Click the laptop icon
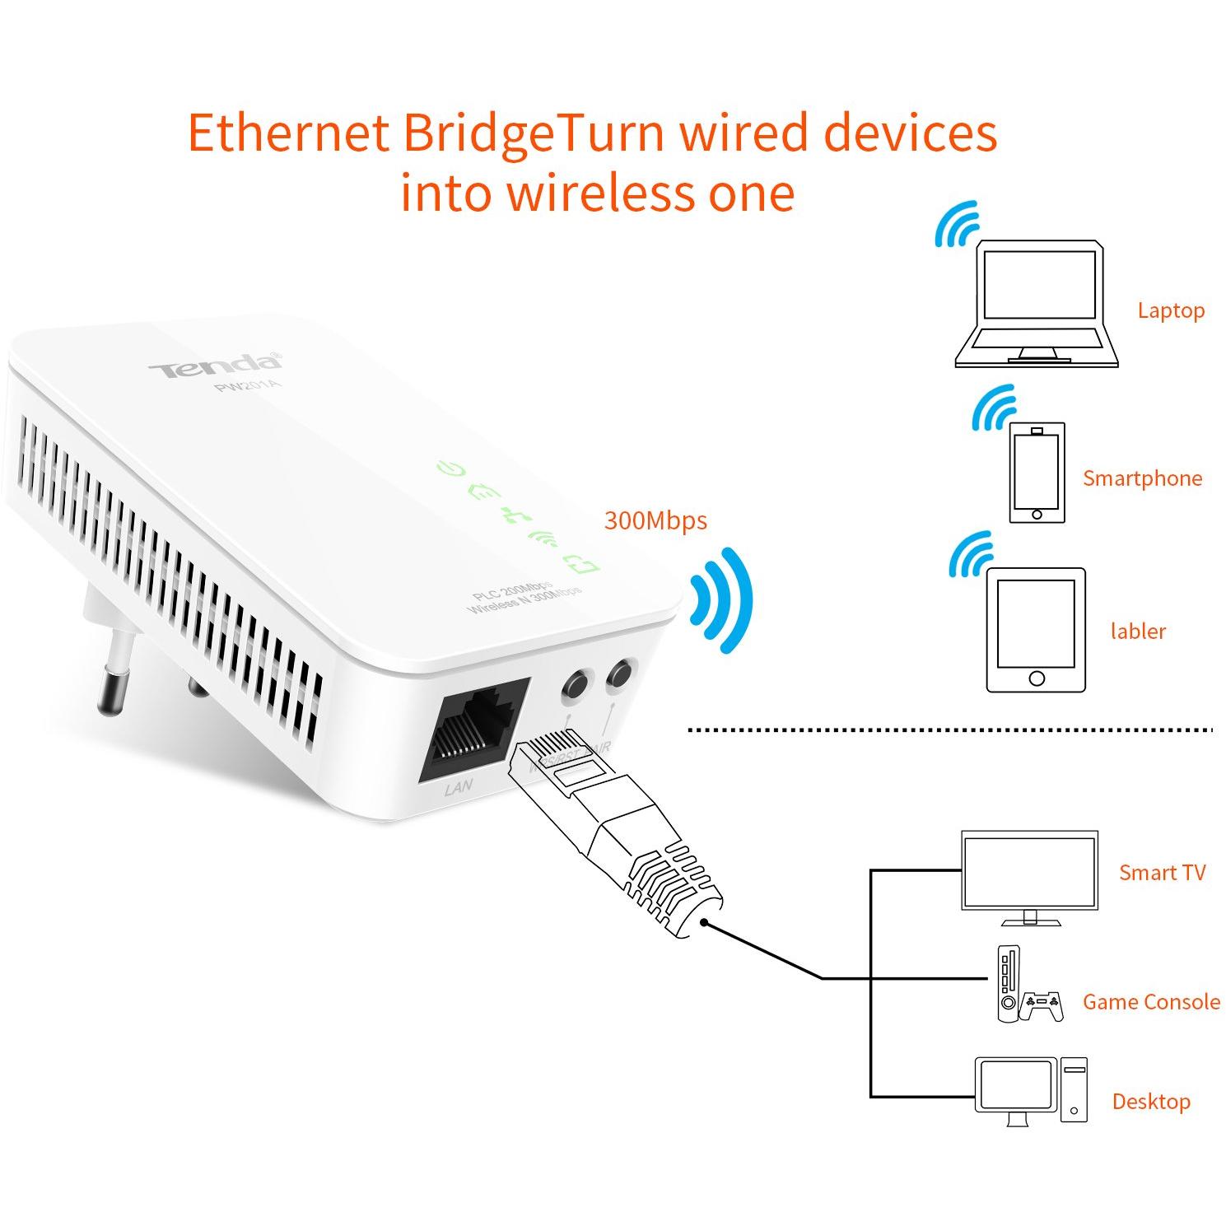pos(1037,304)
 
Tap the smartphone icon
pos(1037,473)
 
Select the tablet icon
pos(1037,630)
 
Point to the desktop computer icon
pos(1030,1091)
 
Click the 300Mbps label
pos(655,520)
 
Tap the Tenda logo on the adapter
pos(214,366)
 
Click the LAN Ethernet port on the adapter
pos(473,728)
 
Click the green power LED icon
pos(451,470)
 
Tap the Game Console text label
pos(1150,1002)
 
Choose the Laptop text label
pos(1170,310)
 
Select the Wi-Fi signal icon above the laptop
pos(958,224)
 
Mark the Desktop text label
pos(1150,1102)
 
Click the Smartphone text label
pos(1141,478)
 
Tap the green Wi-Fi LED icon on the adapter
pos(543,540)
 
